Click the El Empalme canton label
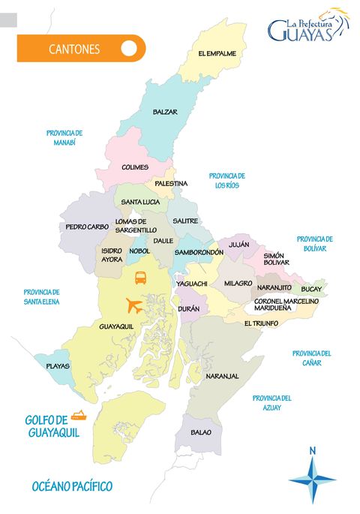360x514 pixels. [x=217, y=54]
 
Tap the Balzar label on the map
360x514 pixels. [x=165, y=112]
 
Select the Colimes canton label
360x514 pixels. [x=135, y=167]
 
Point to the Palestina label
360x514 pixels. [x=171, y=183]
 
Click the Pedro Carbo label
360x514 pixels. [x=87, y=226]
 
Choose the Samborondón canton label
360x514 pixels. [x=199, y=253]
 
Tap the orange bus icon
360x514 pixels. [x=141, y=278]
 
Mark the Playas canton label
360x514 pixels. [x=58, y=366]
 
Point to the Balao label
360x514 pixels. [x=201, y=432]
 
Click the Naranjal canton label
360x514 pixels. [x=222, y=375]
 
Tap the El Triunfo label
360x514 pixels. [x=261, y=323]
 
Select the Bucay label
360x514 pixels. [x=311, y=288]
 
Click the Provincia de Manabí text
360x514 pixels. [x=64, y=137]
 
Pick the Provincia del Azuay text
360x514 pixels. [x=271, y=403]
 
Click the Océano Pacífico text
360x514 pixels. [x=72, y=487]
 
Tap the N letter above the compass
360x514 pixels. [x=313, y=450]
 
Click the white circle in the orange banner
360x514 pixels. [x=128, y=49]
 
